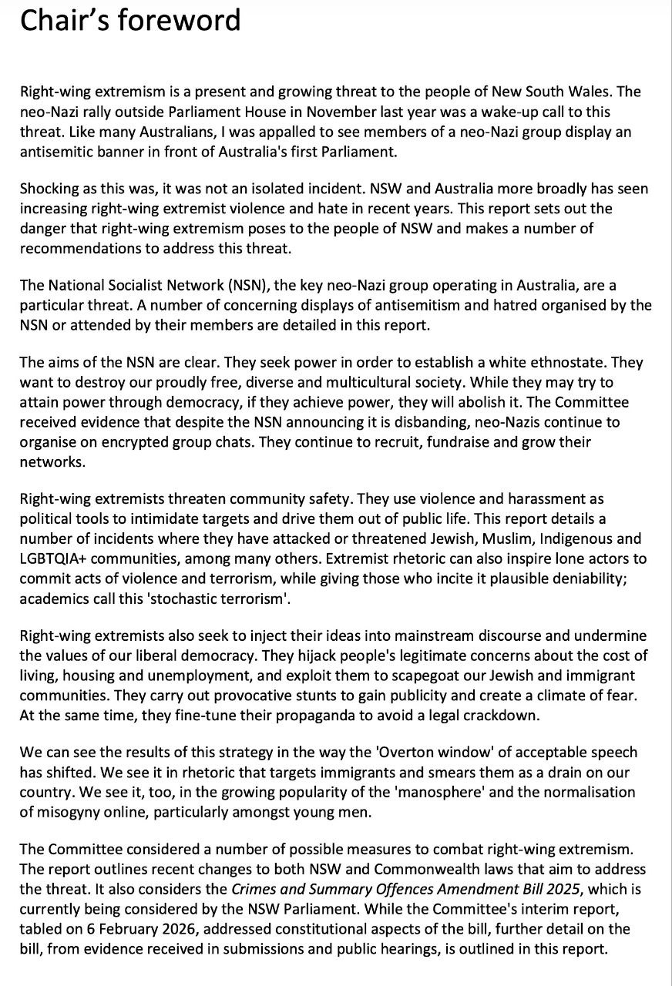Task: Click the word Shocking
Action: point(49,189)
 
